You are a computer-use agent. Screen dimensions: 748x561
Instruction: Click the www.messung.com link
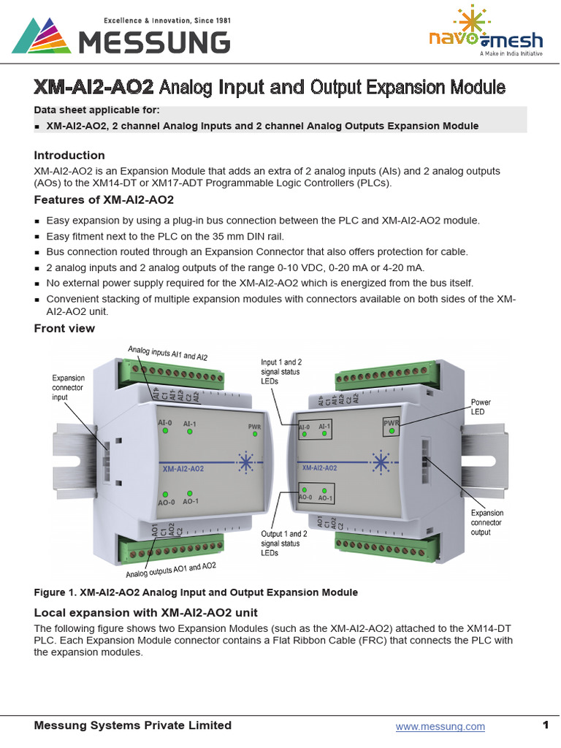pos(440,726)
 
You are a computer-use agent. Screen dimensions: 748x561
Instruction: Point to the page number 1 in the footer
pos(545,725)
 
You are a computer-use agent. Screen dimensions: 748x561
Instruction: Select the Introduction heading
pos(69,155)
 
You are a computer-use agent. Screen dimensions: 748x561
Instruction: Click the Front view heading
pos(64,328)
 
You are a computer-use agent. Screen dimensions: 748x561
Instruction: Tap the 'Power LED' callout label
pos(481,407)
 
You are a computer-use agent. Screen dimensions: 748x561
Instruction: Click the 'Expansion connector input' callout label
pos(69,387)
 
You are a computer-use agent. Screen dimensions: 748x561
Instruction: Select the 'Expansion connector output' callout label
pos(486,522)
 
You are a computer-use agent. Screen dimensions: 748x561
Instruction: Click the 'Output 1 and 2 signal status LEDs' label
pos(283,543)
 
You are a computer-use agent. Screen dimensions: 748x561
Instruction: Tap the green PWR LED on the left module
pos(255,432)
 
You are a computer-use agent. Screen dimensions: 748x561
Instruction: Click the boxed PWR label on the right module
pos(392,424)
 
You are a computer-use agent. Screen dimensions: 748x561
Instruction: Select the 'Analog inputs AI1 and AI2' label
pos(168,354)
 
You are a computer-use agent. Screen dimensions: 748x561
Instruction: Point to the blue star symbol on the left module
pos(245,462)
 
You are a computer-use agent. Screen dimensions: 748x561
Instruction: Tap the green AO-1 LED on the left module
pos(190,494)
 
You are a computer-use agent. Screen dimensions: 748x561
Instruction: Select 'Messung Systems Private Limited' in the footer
pos(133,725)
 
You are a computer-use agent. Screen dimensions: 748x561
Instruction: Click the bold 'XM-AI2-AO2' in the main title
pos(93,88)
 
